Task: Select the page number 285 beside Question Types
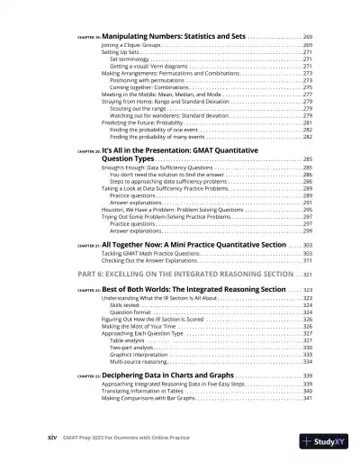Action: pos(306,158)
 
